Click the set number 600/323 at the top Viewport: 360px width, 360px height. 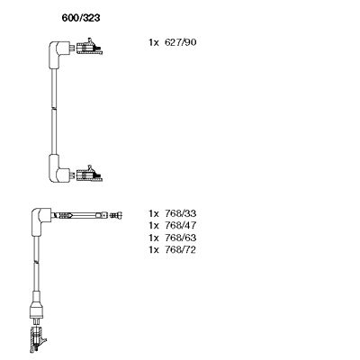(x=81, y=18)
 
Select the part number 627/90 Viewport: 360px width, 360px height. (x=181, y=42)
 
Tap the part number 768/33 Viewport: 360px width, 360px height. (x=181, y=213)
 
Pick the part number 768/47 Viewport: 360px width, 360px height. (x=181, y=225)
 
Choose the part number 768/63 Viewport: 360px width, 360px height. (x=181, y=238)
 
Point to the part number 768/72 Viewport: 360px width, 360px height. (x=181, y=249)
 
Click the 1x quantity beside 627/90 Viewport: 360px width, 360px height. (x=153, y=42)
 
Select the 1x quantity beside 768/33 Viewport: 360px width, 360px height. (x=153, y=213)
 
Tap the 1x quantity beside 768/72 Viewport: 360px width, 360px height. (x=153, y=249)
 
